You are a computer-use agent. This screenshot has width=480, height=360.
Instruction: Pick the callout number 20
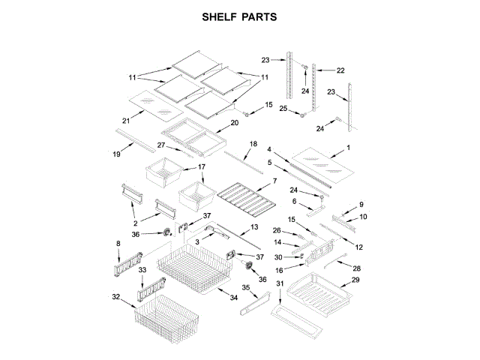(234, 122)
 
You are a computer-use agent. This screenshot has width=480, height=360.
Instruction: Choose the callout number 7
(274, 181)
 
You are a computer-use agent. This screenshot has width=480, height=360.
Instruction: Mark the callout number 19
(115, 155)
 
